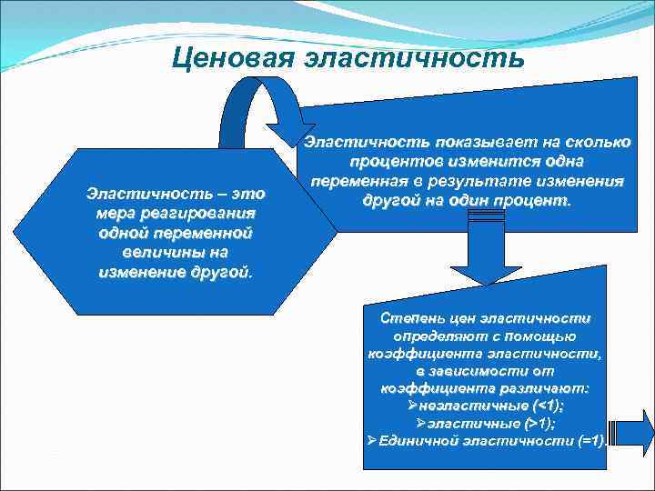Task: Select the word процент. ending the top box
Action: (531, 199)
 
